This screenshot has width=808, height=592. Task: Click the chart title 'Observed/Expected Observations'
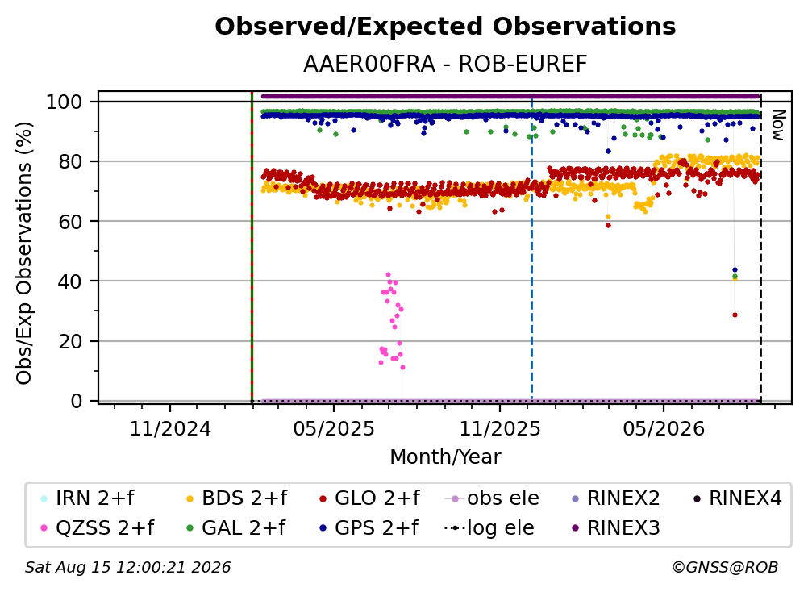click(445, 27)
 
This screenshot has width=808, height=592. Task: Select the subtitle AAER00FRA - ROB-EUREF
click(445, 65)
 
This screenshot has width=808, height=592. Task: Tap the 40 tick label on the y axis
click(70, 281)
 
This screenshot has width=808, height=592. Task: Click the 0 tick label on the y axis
click(77, 401)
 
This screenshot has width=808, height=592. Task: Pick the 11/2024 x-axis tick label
click(170, 428)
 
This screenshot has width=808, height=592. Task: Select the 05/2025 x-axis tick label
click(334, 428)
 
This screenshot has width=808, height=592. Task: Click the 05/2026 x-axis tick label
click(664, 428)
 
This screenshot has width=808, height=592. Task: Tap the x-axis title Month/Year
click(445, 457)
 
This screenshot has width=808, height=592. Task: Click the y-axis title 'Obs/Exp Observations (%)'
click(23, 253)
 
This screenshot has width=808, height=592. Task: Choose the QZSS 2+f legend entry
click(98, 528)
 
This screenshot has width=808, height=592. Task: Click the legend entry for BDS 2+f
click(236, 498)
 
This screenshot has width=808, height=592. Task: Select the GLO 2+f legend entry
click(369, 498)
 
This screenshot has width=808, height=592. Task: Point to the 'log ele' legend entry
click(489, 528)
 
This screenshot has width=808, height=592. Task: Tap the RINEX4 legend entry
click(738, 498)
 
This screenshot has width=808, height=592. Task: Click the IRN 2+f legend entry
click(87, 498)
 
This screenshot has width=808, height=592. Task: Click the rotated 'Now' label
click(778, 125)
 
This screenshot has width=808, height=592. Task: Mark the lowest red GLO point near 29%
click(735, 315)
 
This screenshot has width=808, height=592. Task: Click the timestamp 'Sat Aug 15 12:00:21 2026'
click(127, 567)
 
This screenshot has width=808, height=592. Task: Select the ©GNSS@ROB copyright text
click(725, 567)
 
